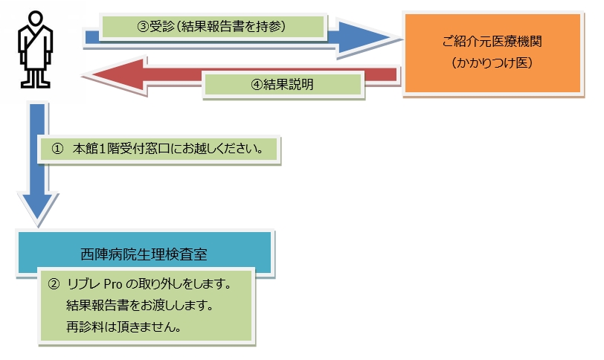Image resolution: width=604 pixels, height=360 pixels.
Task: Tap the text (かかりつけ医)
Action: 491,63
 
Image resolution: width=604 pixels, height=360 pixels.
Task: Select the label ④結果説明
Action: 283,85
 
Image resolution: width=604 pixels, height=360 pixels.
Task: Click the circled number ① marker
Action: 56,148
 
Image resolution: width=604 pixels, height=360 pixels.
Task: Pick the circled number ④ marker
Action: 257,85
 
